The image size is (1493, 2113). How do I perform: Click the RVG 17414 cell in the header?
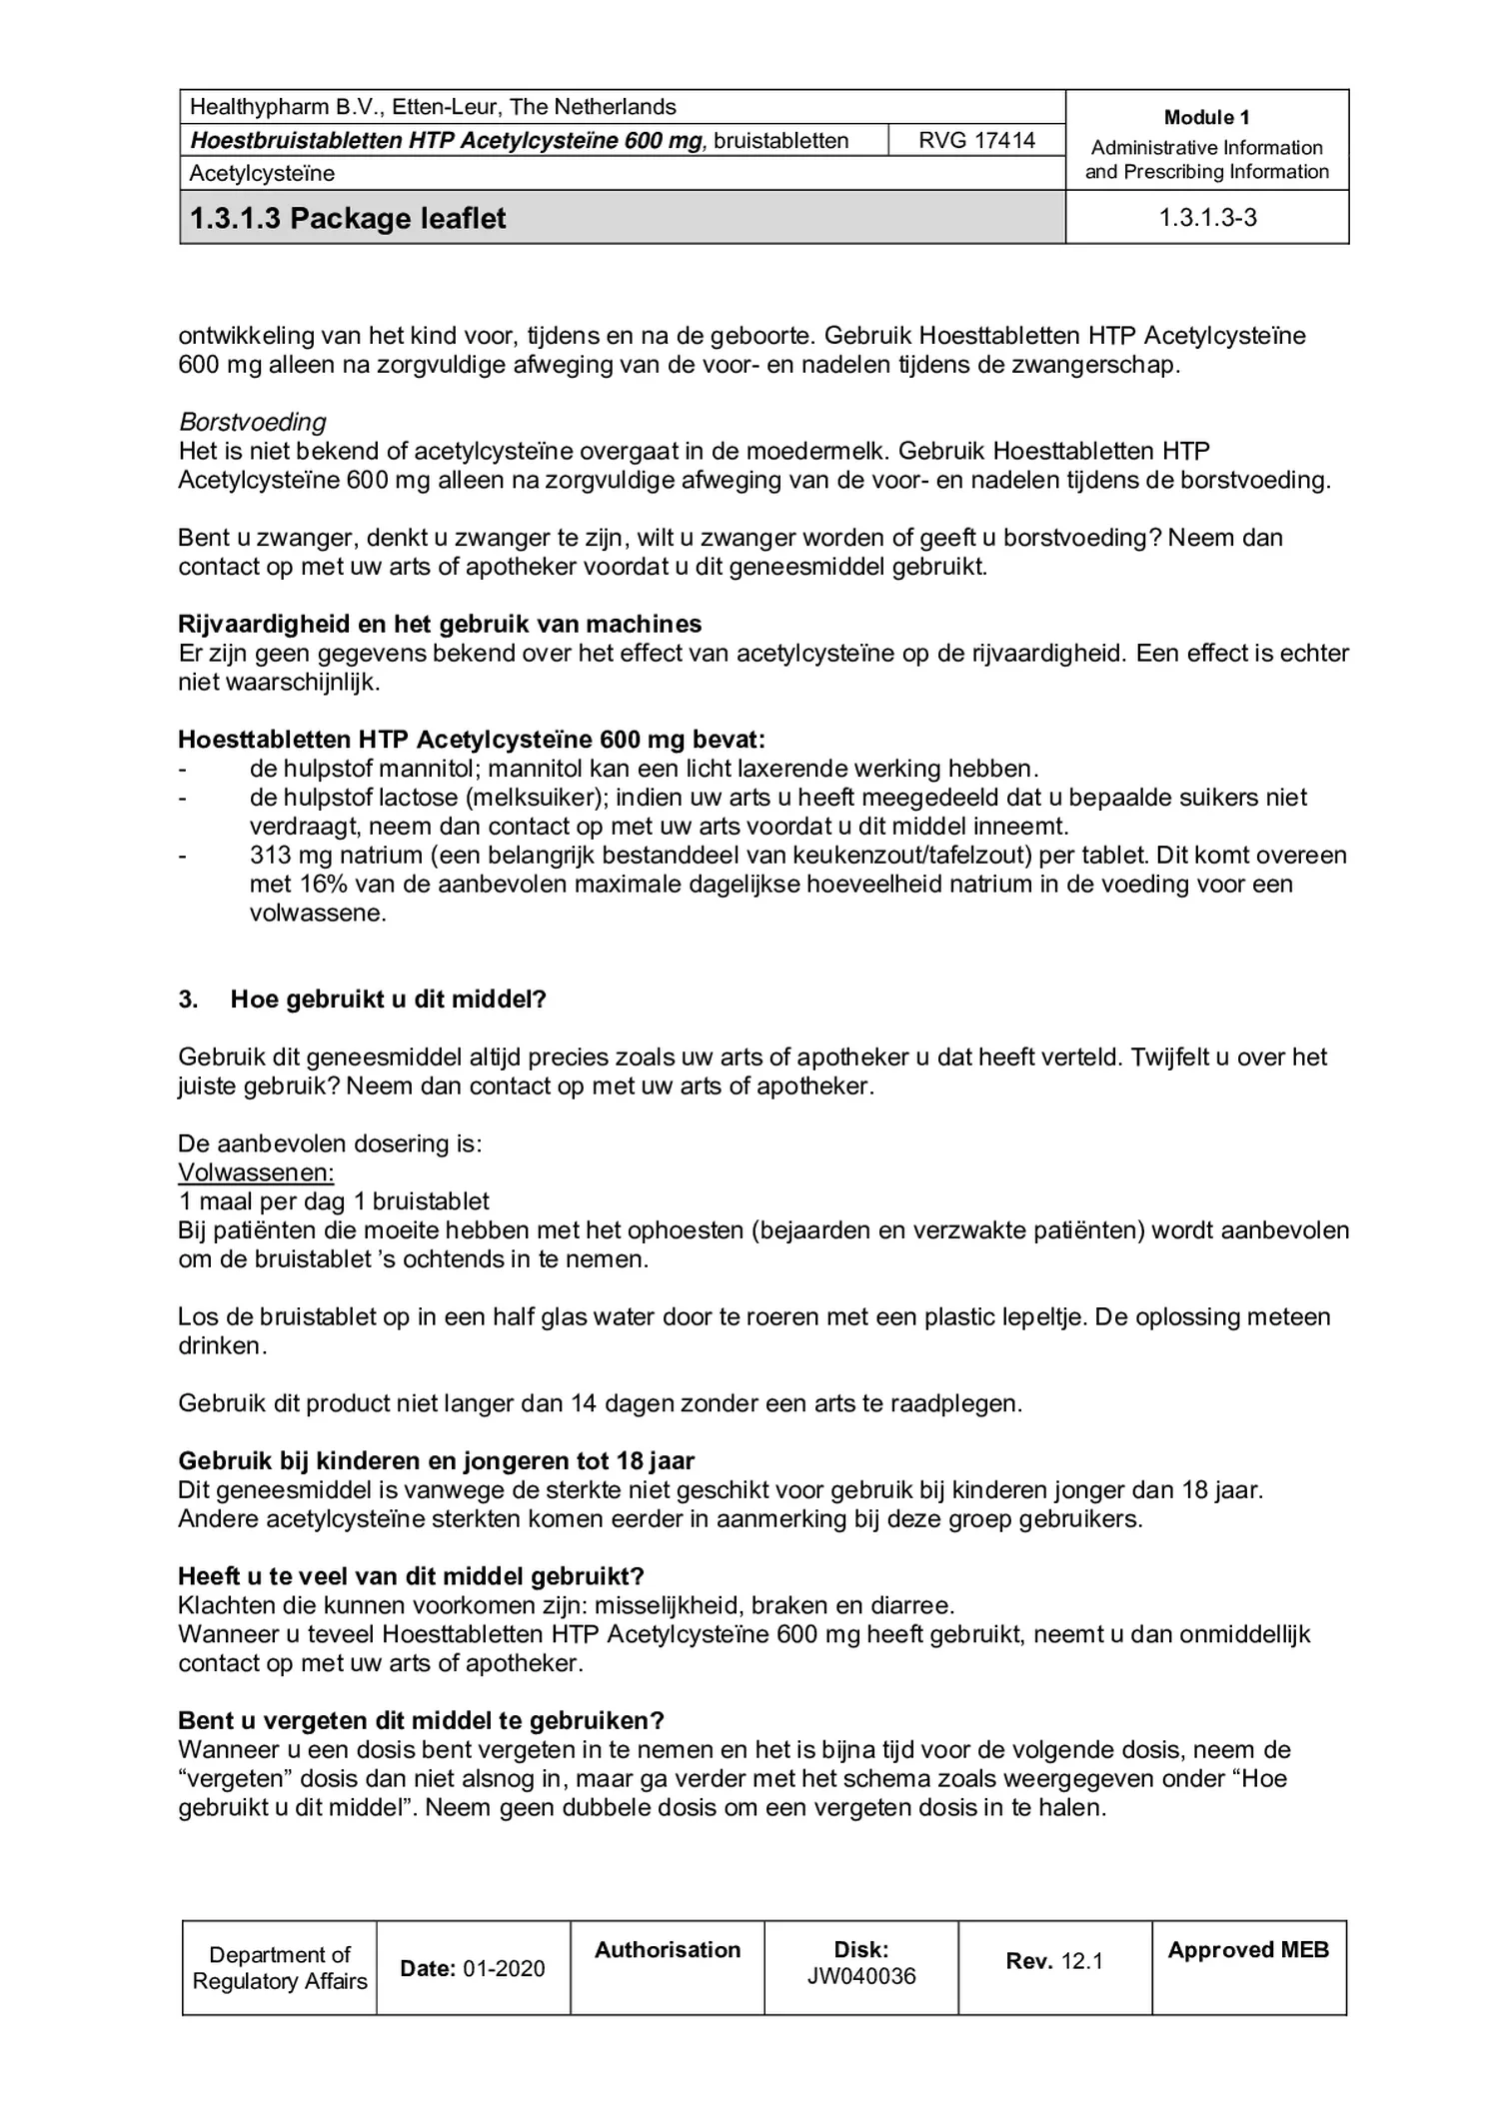point(975,140)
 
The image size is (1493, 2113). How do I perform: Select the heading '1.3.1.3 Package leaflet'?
point(348,218)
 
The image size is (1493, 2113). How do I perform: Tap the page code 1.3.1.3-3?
point(1206,218)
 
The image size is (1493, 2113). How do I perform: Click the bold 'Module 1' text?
point(1206,117)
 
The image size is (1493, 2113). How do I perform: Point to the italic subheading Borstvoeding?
point(252,422)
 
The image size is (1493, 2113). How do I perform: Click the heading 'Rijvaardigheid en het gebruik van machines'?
point(440,624)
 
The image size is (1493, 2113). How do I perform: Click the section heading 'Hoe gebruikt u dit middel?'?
point(388,1000)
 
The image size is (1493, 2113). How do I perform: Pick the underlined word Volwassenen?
point(256,1172)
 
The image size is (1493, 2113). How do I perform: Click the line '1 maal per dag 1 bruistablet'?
point(334,1201)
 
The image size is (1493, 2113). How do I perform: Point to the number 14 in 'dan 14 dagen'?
point(583,1403)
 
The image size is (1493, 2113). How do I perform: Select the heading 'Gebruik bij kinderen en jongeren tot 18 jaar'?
point(436,1461)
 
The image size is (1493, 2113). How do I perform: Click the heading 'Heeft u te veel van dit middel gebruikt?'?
point(411,1576)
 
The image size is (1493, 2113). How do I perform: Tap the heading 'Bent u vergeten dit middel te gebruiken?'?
point(421,1721)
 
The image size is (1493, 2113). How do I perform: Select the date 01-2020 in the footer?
point(504,1968)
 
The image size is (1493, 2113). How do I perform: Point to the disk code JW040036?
point(860,1976)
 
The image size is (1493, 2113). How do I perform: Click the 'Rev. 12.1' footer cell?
point(1053,1961)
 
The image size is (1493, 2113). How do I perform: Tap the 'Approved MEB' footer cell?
point(1247,1950)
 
